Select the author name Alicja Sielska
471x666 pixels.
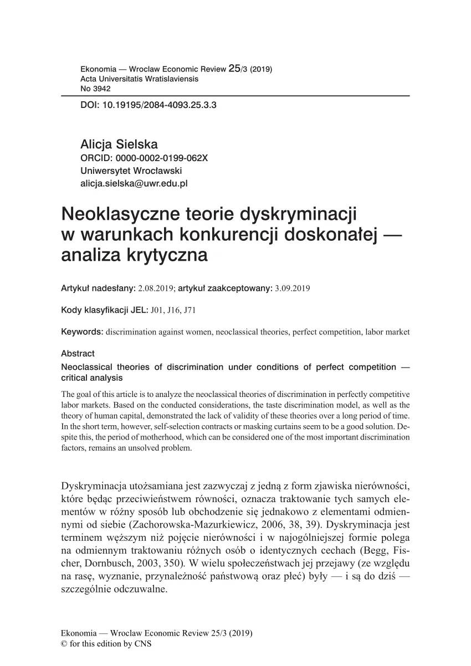tap(119, 144)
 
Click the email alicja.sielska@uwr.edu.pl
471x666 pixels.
tap(135, 183)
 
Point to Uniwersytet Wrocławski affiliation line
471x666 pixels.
tap(131, 171)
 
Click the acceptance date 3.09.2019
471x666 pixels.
tap(294, 288)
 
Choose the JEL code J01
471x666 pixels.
tap(156, 310)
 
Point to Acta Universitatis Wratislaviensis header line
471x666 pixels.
tap(139, 79)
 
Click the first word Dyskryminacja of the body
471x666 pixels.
tap(93, 487)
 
